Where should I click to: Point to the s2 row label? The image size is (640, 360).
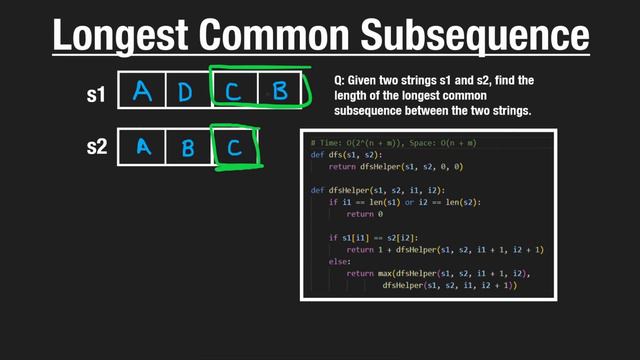pyautogui.click(x=95, y=147)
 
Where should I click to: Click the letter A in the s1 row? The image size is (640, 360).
pyautogui.click(x=143, y=92)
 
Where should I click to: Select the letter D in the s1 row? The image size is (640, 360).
pyautogui.click(x=187, y=92)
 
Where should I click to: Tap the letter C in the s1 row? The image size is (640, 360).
pyautogui.click(x=233, y=92)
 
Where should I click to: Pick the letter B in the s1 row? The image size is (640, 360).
pyautogui.click(x=280, y=92)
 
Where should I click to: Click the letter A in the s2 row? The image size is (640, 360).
pyautogui.click(x=143, y=148)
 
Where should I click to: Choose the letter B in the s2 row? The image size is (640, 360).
pyautogui.click(x=187, y=148)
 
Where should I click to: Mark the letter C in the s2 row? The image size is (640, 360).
pyautogui.click(x=234, y=148)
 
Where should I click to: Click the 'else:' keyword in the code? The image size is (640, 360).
pyautogui.click(x=340, y=262)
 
